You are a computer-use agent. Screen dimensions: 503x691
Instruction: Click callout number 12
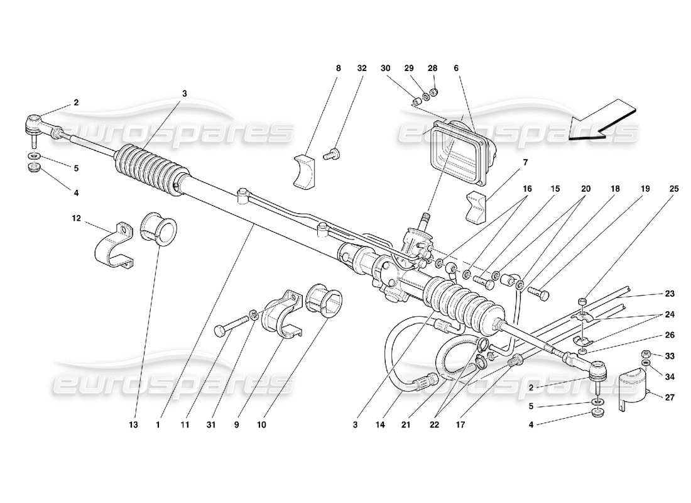coord(76,218)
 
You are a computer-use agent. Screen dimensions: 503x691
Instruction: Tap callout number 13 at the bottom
coord(134,425)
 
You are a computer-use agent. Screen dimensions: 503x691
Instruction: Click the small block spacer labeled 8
coord(303,170)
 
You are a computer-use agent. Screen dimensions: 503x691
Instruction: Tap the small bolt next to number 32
coord(333,152)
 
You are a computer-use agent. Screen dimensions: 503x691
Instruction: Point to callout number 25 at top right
coord(674,189)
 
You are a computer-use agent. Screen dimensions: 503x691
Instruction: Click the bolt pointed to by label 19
coord(538,292)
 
